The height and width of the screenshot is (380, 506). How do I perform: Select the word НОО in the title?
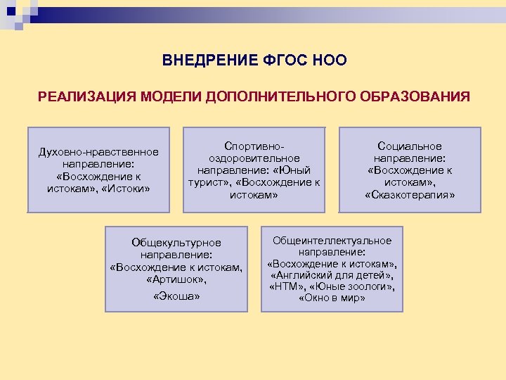(x=326, y=60)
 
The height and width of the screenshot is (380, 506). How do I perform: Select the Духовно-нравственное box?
(x=98, y=170)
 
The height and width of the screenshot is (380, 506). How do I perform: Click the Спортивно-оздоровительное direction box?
(x=254, y=170)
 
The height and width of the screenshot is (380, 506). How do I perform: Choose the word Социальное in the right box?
(x=410, y=146)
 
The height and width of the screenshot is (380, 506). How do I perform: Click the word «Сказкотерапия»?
(x=410, y=194)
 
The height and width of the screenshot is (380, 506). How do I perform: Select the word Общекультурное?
(x=176, y=242)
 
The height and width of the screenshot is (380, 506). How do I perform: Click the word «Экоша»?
(x=176, y=297)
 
